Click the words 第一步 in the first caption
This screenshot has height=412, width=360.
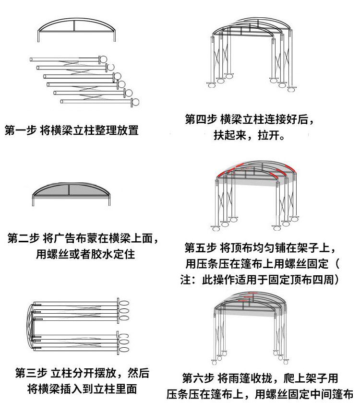pos(21,130)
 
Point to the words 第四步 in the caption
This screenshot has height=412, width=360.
pos(201,119)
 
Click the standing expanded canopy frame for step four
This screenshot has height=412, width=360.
pos(251,53)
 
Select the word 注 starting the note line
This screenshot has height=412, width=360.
pos(185,280)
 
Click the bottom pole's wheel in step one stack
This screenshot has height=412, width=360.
pos(136,102)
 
